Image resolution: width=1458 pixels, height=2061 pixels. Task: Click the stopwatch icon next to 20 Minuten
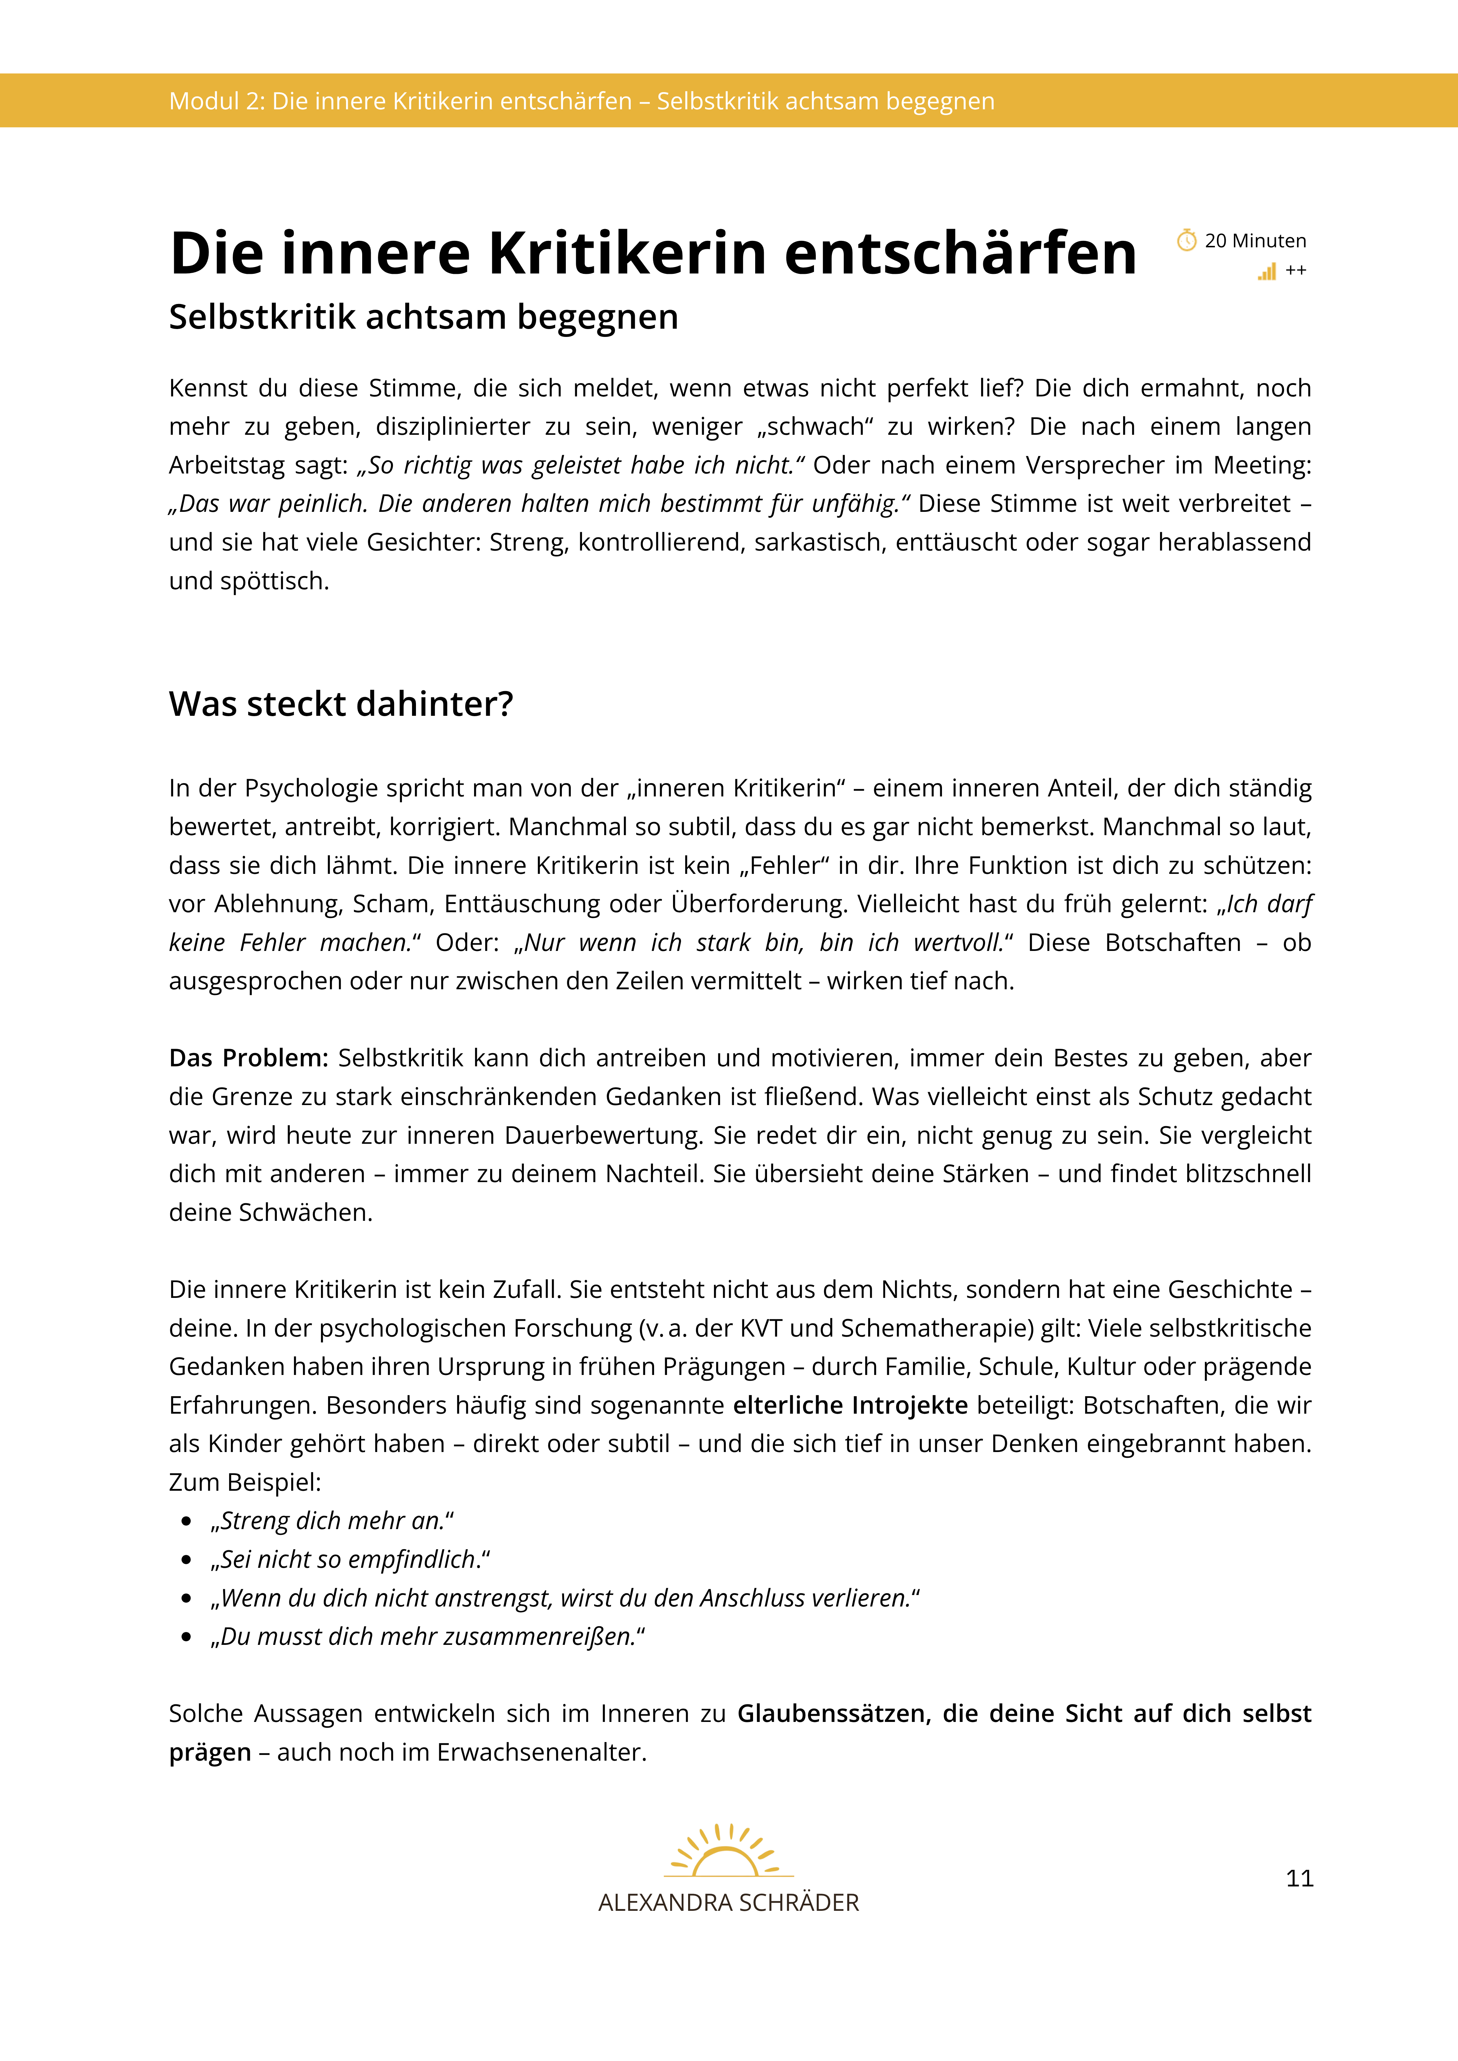click(x=1186, y=241)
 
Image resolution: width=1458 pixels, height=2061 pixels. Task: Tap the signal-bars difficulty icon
click(x=1267, y=271)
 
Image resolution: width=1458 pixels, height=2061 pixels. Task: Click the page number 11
click(x=1299, y=1878)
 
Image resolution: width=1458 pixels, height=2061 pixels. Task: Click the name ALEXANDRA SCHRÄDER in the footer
click(x=728, y=1902)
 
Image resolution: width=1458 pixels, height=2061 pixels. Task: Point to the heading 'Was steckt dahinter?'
click(x=341, y=704)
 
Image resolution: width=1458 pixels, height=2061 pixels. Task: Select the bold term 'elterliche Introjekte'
click(x=850, y=1405)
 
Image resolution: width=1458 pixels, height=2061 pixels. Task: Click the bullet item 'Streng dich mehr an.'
click(x=332, y=1520)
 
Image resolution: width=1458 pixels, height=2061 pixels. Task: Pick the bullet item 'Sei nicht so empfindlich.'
click(x=350, y=1559)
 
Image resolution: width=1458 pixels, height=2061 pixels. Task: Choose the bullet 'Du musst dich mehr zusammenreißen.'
click(x=427, y=1636)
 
